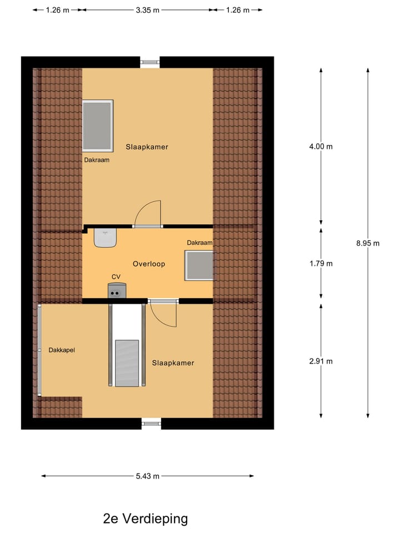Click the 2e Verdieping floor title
[146, 519]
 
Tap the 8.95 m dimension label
[368, 243]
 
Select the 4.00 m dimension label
[321, 147]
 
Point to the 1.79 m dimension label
[321, 263]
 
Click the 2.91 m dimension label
[321, 361]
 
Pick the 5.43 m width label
[148, 476]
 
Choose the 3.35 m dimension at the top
[148, 10]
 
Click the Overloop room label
[149, 264]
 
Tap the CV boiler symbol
[117, 290]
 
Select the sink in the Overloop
[105, 238]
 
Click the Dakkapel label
[62, 350]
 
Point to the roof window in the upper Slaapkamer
[98, 125]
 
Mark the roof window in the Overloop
[199, 265]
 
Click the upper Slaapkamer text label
[147, 147]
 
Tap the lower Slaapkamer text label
[173, 363]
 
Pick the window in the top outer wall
[149, 62]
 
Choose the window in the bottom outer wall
[151, 424]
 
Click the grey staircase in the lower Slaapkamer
[127, 362]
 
